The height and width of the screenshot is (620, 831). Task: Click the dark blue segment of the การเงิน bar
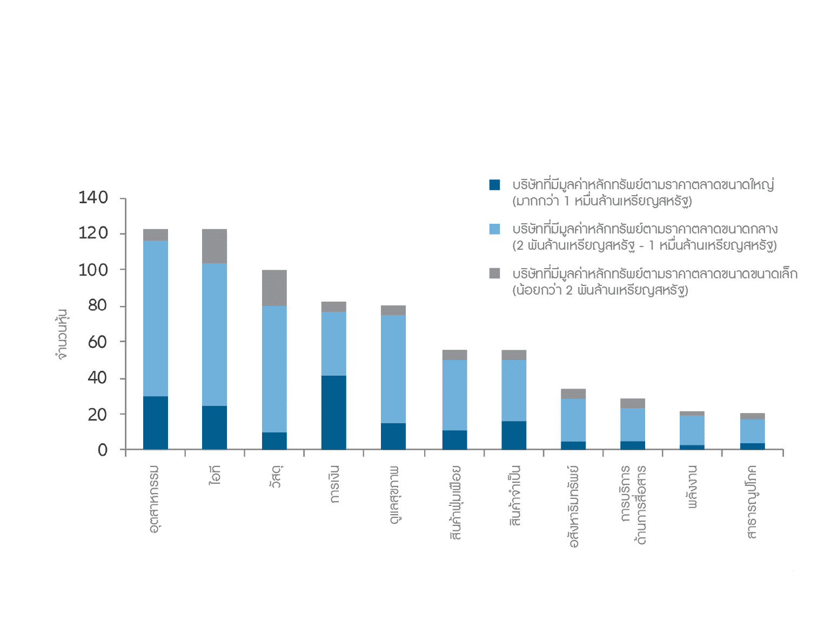click(333, 412)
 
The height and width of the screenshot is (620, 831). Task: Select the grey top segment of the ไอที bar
click(215, 246)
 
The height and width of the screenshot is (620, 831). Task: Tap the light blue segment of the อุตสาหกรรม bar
click(156, 318)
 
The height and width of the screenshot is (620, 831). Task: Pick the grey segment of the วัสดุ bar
click(274, 288)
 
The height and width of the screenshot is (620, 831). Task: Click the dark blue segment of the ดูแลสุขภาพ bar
click(393, 436)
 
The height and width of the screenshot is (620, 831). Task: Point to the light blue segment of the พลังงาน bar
click(692, 430)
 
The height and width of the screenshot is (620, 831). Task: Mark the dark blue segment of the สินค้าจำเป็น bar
click(514, 435)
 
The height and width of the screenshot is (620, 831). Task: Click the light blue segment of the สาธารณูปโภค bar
click(752, 431)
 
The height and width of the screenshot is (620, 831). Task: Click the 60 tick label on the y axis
click(97, 342)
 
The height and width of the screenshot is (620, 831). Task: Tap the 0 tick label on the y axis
click(103, 450)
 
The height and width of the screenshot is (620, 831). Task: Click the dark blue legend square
click(494, 185)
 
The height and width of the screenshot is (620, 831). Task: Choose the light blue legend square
click(494, 229)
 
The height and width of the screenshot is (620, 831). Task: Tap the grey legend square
click(494, 274)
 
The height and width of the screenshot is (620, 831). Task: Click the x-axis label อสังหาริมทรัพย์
click(573, 505)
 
